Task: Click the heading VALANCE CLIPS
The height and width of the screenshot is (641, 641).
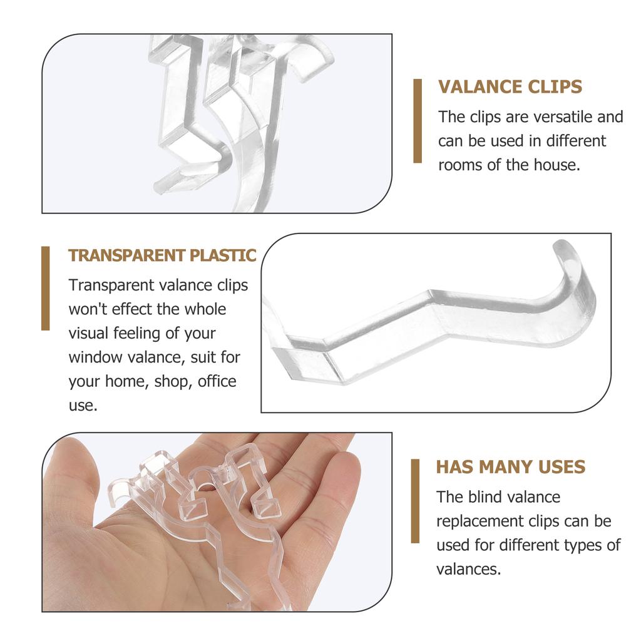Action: coord(510,87)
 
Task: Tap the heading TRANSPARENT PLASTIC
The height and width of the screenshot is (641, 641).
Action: coord(162,255)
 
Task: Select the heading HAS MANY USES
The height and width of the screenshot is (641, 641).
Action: coord(510,467)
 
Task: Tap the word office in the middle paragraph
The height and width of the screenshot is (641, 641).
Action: coord(217,381)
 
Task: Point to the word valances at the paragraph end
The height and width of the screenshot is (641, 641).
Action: coord(468,569)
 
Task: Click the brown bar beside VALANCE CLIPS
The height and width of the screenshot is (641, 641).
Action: coord(418,121)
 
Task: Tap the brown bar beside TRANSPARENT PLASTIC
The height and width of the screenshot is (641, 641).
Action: coord(46,288)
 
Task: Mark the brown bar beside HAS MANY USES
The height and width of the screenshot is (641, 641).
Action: coord(415,501)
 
